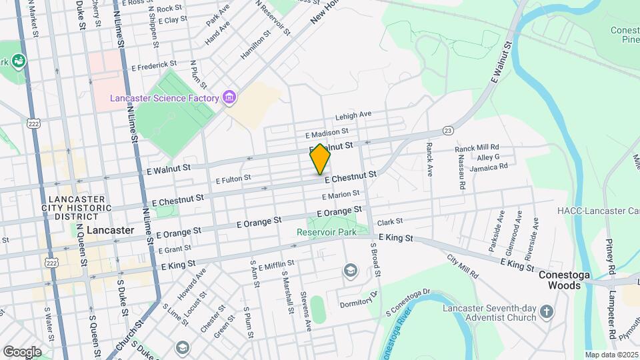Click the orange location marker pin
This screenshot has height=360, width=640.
[320, 159]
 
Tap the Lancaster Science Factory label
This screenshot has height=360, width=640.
[165, 99]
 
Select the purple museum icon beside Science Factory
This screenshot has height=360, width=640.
[229, 99]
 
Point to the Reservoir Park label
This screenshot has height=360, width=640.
[327, 232]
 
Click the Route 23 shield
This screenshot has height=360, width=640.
[448, 131]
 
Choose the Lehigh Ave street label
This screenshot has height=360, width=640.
[353, 115]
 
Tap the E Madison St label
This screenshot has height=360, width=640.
[327, 134]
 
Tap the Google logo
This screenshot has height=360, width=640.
[22, 351]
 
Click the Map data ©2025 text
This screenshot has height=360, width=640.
[612, 355]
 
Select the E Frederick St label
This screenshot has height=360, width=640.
[154, 67]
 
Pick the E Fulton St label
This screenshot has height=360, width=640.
[233, 179]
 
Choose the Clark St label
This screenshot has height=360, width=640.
[390, 221]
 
